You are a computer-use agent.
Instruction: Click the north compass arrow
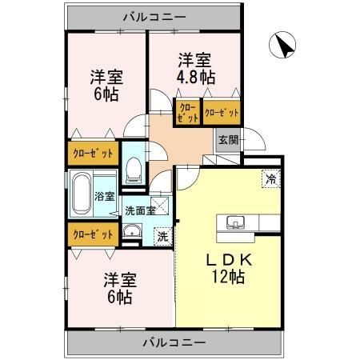coord(282,46)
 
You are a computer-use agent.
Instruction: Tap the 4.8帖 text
coord(195,77)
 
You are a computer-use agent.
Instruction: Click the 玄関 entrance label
coord(227,139)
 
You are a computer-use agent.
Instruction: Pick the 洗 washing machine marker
coord(162,236)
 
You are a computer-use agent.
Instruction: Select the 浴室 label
coord(104,196)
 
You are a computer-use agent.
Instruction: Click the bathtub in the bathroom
coord(80,194)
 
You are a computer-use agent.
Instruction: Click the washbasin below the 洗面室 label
coord(133,234)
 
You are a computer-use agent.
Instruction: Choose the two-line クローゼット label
coord(187,113)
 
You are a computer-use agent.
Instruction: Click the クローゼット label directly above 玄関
coord(221,113)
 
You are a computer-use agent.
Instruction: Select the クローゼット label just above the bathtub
coord(93,152)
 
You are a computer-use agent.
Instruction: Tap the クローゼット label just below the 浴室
coord(93,234)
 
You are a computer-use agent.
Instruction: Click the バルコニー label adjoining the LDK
coord(175,342)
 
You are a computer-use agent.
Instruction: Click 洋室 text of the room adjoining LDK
coord(118,281)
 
